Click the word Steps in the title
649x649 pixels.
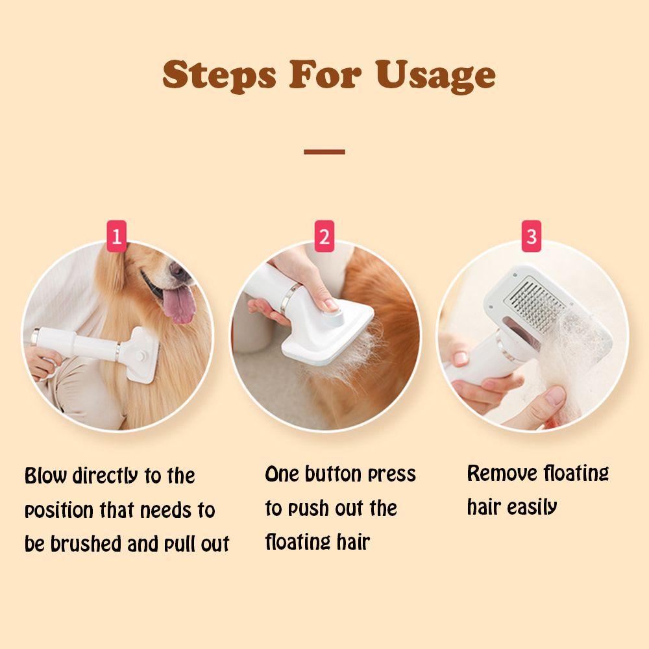coord(219,75)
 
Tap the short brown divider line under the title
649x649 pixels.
coord(324,152)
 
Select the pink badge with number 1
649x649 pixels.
coord(116,236)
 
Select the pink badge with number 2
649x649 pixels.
coord(324,236)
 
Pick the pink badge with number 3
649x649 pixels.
coord(532,236)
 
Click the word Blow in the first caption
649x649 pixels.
coord(45,476)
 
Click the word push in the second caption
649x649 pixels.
coord(308,509)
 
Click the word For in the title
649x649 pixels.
coord(325,75)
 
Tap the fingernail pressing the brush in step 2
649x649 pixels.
coord(332,304)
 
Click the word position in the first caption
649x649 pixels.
coord(59,511)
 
